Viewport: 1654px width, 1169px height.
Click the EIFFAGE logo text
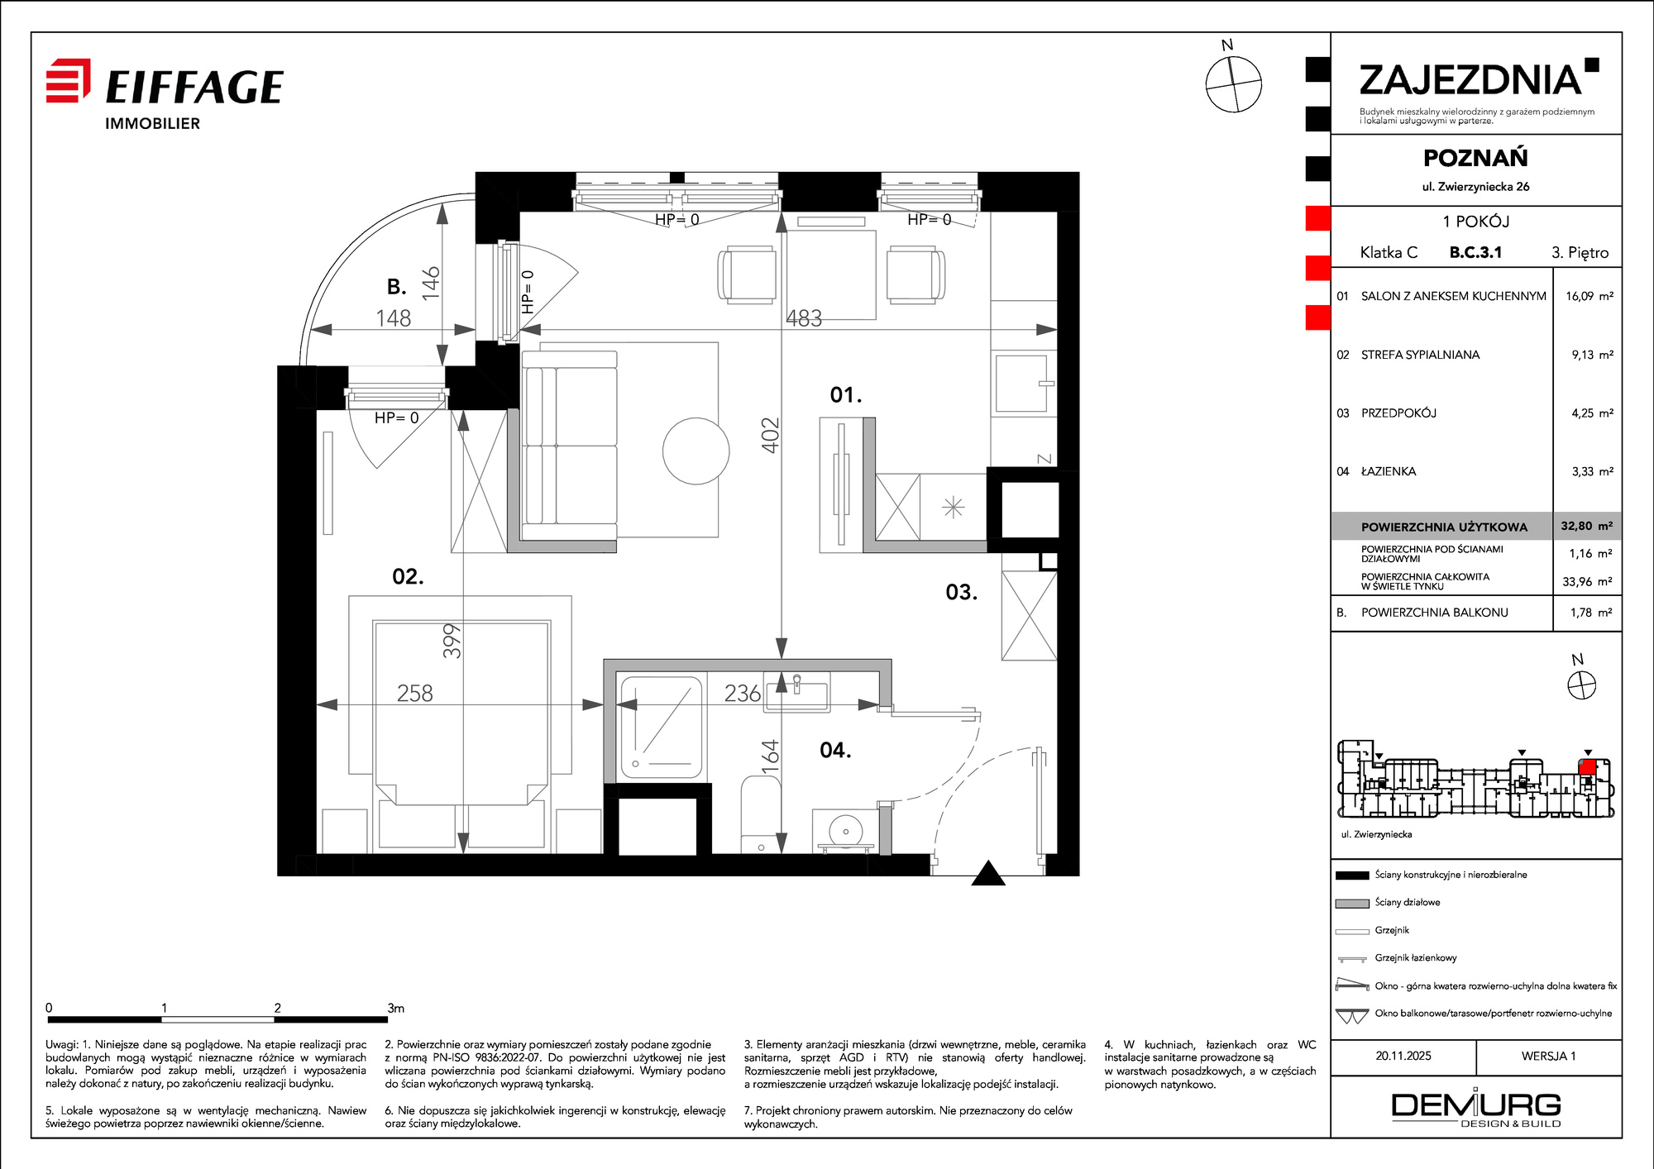tap(194, 88)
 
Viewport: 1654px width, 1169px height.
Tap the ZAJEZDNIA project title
tap(1471, 80)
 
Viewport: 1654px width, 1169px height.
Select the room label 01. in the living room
tap(846, 395)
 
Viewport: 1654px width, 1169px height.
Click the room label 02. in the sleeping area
tap(408, 576)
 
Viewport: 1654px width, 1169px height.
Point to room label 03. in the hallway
tap(961, 592)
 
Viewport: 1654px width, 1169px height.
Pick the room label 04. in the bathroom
tap(835, 750)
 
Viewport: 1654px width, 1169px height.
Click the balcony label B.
tap(397, 286)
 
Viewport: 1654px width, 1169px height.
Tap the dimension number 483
tap(804, 318)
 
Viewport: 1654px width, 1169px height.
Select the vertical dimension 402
tap(770, 435)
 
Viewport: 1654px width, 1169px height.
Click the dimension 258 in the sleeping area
tap(414, 693)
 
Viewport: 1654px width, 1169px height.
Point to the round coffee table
tap(696, 451)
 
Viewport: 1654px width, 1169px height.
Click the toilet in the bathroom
tap(761, 814)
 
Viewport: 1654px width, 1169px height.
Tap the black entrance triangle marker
tap(987, 874)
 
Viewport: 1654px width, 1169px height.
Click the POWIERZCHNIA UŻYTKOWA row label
tap(1444, 527)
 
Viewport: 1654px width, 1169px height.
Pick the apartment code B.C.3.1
tap(1475, 252)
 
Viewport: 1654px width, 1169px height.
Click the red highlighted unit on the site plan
tap(1587, 767)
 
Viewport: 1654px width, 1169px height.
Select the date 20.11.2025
tap(1403, 1056)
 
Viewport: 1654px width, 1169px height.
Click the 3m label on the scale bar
tap(396, 1008)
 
